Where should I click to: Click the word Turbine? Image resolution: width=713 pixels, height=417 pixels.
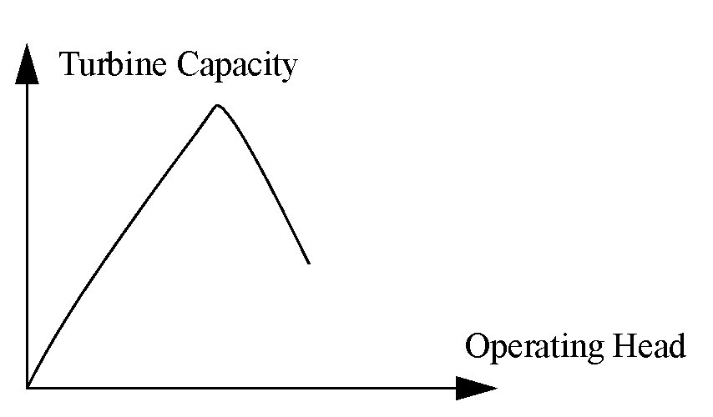(x=114, y=65)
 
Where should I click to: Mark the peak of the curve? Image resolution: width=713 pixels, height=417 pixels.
(x=217, y=105)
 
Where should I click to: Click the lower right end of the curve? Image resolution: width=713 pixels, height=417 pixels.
(x=309, y=264)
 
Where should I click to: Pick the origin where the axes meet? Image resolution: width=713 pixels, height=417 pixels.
(x=28, y=388)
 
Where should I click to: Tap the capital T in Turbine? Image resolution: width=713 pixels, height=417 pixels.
(x=70, y=64)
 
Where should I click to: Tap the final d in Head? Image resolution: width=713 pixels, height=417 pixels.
(x=677, y=345)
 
